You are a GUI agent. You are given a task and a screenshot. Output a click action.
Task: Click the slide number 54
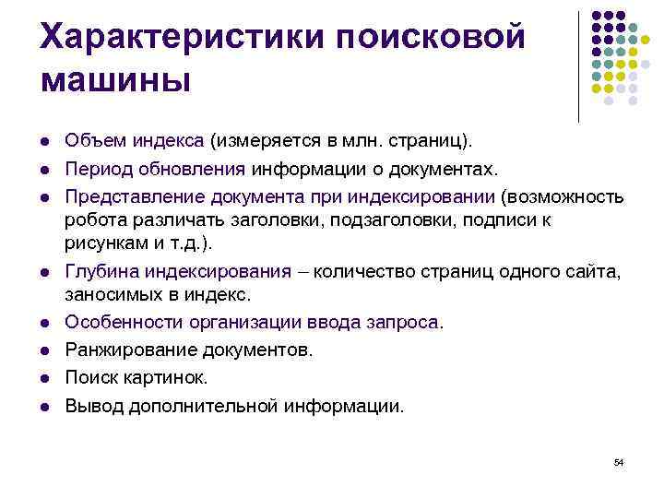point(619,460)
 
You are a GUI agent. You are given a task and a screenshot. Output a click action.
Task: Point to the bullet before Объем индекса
point(43,142)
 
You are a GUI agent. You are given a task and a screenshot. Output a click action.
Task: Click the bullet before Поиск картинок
point(43,378)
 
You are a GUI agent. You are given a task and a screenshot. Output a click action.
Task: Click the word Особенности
point(123,323)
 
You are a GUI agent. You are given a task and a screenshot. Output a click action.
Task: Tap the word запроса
point(406,323)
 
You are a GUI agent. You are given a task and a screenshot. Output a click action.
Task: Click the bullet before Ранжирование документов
point(43,350)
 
